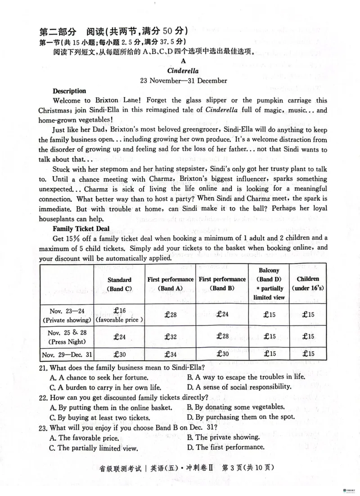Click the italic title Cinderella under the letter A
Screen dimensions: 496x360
point(183,71)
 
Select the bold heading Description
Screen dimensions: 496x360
point(69,91)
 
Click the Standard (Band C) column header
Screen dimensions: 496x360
point(119,284)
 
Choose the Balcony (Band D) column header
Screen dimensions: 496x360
point(269,284)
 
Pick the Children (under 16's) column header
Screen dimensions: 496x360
point(308,284)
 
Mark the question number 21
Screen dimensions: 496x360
point(44,367)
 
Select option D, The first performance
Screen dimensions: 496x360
point(225,447)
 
